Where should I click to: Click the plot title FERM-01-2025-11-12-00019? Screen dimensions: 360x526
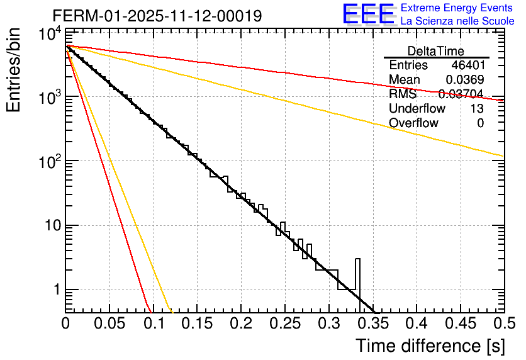(x=157, y=15)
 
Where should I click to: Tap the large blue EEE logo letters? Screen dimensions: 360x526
(x=368, y=14)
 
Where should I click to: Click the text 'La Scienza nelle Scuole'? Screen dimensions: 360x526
(x=457, y=21)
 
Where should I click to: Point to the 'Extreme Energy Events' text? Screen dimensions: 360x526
(x=457, y=8)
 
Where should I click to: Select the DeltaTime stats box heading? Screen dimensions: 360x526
(x=436, y=51)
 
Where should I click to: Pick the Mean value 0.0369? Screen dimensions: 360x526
(x=464, y=80)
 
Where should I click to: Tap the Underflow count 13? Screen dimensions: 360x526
(x=477, y=109)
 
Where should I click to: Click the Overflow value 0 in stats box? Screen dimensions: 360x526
(x=480, y=123)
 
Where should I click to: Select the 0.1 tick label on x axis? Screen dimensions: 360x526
(x=153, y=323)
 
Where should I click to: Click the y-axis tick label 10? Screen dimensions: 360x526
(x=49, y=225)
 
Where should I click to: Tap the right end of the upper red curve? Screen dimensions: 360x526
(x=502, y=100)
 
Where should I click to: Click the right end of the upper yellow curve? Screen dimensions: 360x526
(x=502, y=155)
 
